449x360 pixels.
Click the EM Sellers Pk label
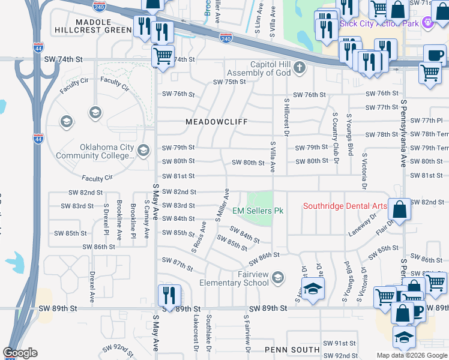tap(258, 211)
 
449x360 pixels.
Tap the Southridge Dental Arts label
tap(343, 206)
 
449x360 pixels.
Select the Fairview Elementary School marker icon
tap(277, 277)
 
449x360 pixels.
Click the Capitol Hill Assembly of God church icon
tap(299, 68)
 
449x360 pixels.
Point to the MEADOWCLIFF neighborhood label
tap(216, 122)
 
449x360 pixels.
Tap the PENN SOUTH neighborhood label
tap(291, 349)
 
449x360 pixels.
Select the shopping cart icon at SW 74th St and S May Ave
tap(163, 57)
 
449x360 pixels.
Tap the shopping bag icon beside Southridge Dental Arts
tap(400, 209)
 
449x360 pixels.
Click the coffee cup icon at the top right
tap(435, 55)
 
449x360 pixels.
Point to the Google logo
tap(20, 353)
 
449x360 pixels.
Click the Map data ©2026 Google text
tap(412, 355)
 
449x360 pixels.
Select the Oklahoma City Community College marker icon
tap(143, 151)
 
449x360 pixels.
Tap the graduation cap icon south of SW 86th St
tap(313, 289)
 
